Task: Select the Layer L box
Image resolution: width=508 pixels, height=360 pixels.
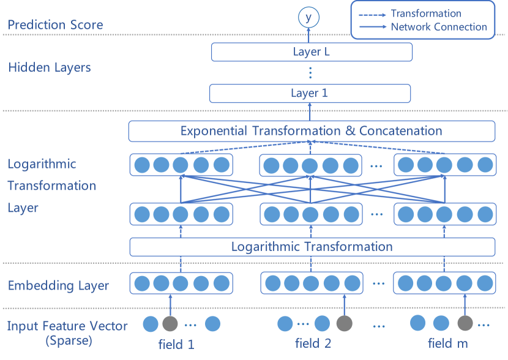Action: click(312, 52)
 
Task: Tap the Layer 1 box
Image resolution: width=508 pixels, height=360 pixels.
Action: click(310, 93)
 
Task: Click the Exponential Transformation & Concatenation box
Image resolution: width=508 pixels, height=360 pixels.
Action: click(311, 131)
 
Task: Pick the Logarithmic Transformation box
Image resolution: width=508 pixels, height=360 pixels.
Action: click(312, 247)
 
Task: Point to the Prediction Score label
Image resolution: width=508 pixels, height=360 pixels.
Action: click(55, 25)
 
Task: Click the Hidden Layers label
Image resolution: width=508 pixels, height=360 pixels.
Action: click(50, 67)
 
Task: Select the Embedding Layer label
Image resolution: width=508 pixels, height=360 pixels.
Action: click(58, 285)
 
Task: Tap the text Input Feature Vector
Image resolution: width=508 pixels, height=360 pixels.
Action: click(68, 326)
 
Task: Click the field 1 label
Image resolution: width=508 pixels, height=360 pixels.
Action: click(176, 344)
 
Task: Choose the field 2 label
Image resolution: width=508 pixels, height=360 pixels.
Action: click(312, 343)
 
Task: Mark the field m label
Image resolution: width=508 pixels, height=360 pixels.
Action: click(448, 343)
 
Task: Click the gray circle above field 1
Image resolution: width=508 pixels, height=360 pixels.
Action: click(170, 324)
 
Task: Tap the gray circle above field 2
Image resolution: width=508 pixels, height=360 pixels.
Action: click(345, 324)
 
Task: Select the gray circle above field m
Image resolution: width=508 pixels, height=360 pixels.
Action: click(465, 324)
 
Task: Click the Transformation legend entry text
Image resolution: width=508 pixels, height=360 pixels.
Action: click(426, 13)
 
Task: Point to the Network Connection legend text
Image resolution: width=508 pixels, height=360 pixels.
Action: click(439, 27)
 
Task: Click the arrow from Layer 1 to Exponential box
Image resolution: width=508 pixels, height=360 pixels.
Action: click(310, 111)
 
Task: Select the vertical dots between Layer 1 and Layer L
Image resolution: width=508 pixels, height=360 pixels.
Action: click(310, 73)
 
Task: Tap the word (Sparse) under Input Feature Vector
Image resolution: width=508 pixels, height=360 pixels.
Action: click(69, 341)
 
